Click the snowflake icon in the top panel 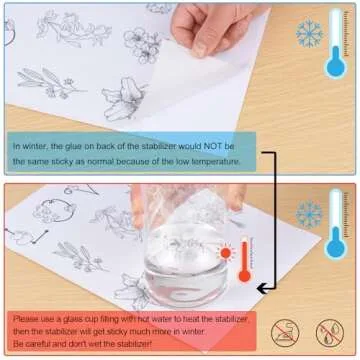click(309, 33)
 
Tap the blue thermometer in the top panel click(336, 43)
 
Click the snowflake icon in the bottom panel click(309, 214)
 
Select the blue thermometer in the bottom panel click(336, 224)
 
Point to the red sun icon click(225, 253)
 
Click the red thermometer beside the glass click(245, 260)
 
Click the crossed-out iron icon click(285, 333)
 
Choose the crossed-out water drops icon click(330, 333)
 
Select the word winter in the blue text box click(33, 146)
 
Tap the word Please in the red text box click(24, 319)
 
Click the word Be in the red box click(17, 343)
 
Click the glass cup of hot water click(186, 260)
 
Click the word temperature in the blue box click(219, 162)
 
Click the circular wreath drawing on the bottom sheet click(55, 211)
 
